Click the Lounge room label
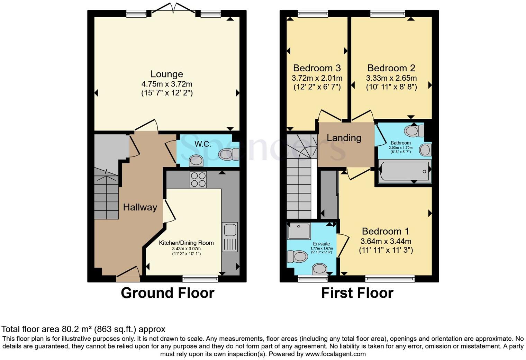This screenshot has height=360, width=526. [167, 74]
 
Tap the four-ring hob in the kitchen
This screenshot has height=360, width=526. [198, 180]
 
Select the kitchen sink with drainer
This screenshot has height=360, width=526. [230, 237]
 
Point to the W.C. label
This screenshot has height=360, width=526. [203, 144]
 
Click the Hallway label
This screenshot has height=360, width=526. [140, 207]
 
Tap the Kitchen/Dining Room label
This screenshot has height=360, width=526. [187, 243]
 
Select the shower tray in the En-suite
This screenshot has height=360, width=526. [299, 231]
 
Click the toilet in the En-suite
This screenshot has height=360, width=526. [297, 256]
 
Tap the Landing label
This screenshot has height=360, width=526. [344, 138]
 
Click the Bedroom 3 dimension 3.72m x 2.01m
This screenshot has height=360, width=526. [317, 78]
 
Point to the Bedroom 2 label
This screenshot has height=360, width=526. [391, 68]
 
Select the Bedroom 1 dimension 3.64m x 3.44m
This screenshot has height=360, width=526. [386, 241]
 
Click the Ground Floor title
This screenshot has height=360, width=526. [167, 293]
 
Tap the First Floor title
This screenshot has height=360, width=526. [357, 293]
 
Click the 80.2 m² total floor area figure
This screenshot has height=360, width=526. [76, 329]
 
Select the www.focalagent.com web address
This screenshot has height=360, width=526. [335, 354]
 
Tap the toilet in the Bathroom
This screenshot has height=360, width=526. [414, 131]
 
